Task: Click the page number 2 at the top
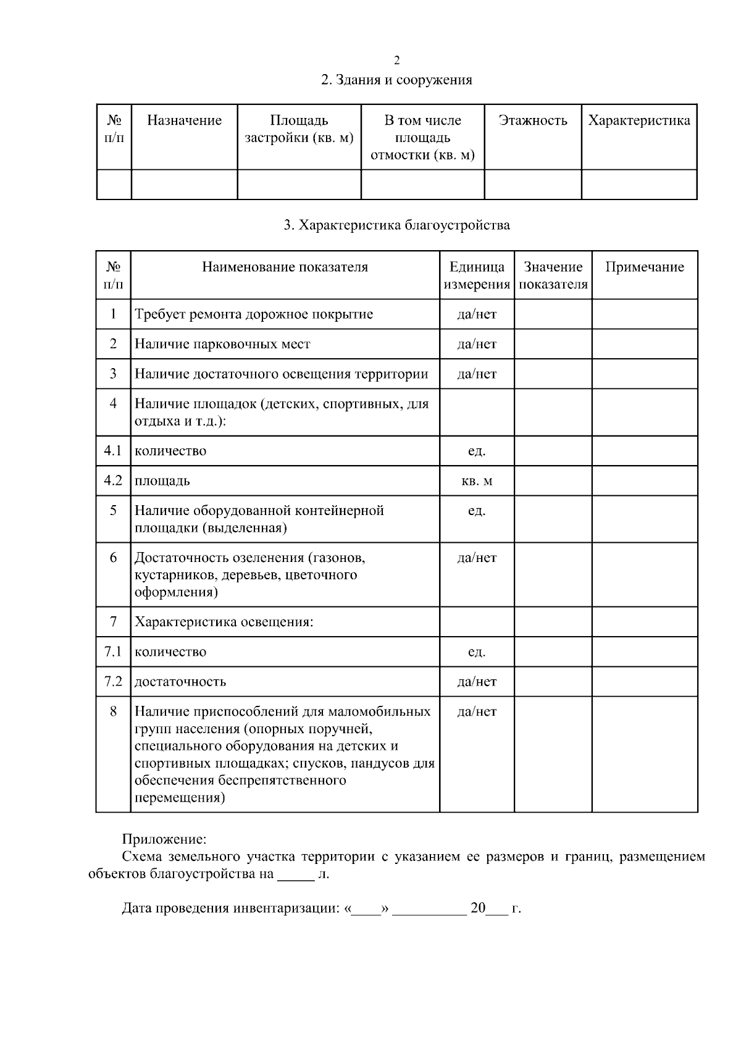click(x=396, y=61)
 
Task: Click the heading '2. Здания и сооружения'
click(x=396, y=80)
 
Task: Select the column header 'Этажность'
click(x=533, y=120)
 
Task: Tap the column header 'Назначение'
click(x=184, y=120)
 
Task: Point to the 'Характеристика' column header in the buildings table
click(x=639, y=120)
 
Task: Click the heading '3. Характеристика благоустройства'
click(x=396, y=225)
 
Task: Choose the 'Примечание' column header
click(x=645, y=267)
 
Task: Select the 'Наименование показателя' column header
click(x=285, y=267)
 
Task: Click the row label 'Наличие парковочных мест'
click(x=222, y=344)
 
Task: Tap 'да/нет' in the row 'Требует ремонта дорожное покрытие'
click(x=477, y=314)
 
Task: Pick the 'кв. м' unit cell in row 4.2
click(x=477, y=480)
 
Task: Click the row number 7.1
click(x=113, y=652)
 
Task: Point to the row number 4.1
click(x=113, y=451)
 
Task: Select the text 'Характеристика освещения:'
click(x=224, y=622)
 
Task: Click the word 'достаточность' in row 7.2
click(x=180, y=682)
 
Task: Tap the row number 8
click(x=113, y=711)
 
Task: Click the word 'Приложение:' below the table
click(x=164, y=839)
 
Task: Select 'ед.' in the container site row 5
click(x=477, y=511)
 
